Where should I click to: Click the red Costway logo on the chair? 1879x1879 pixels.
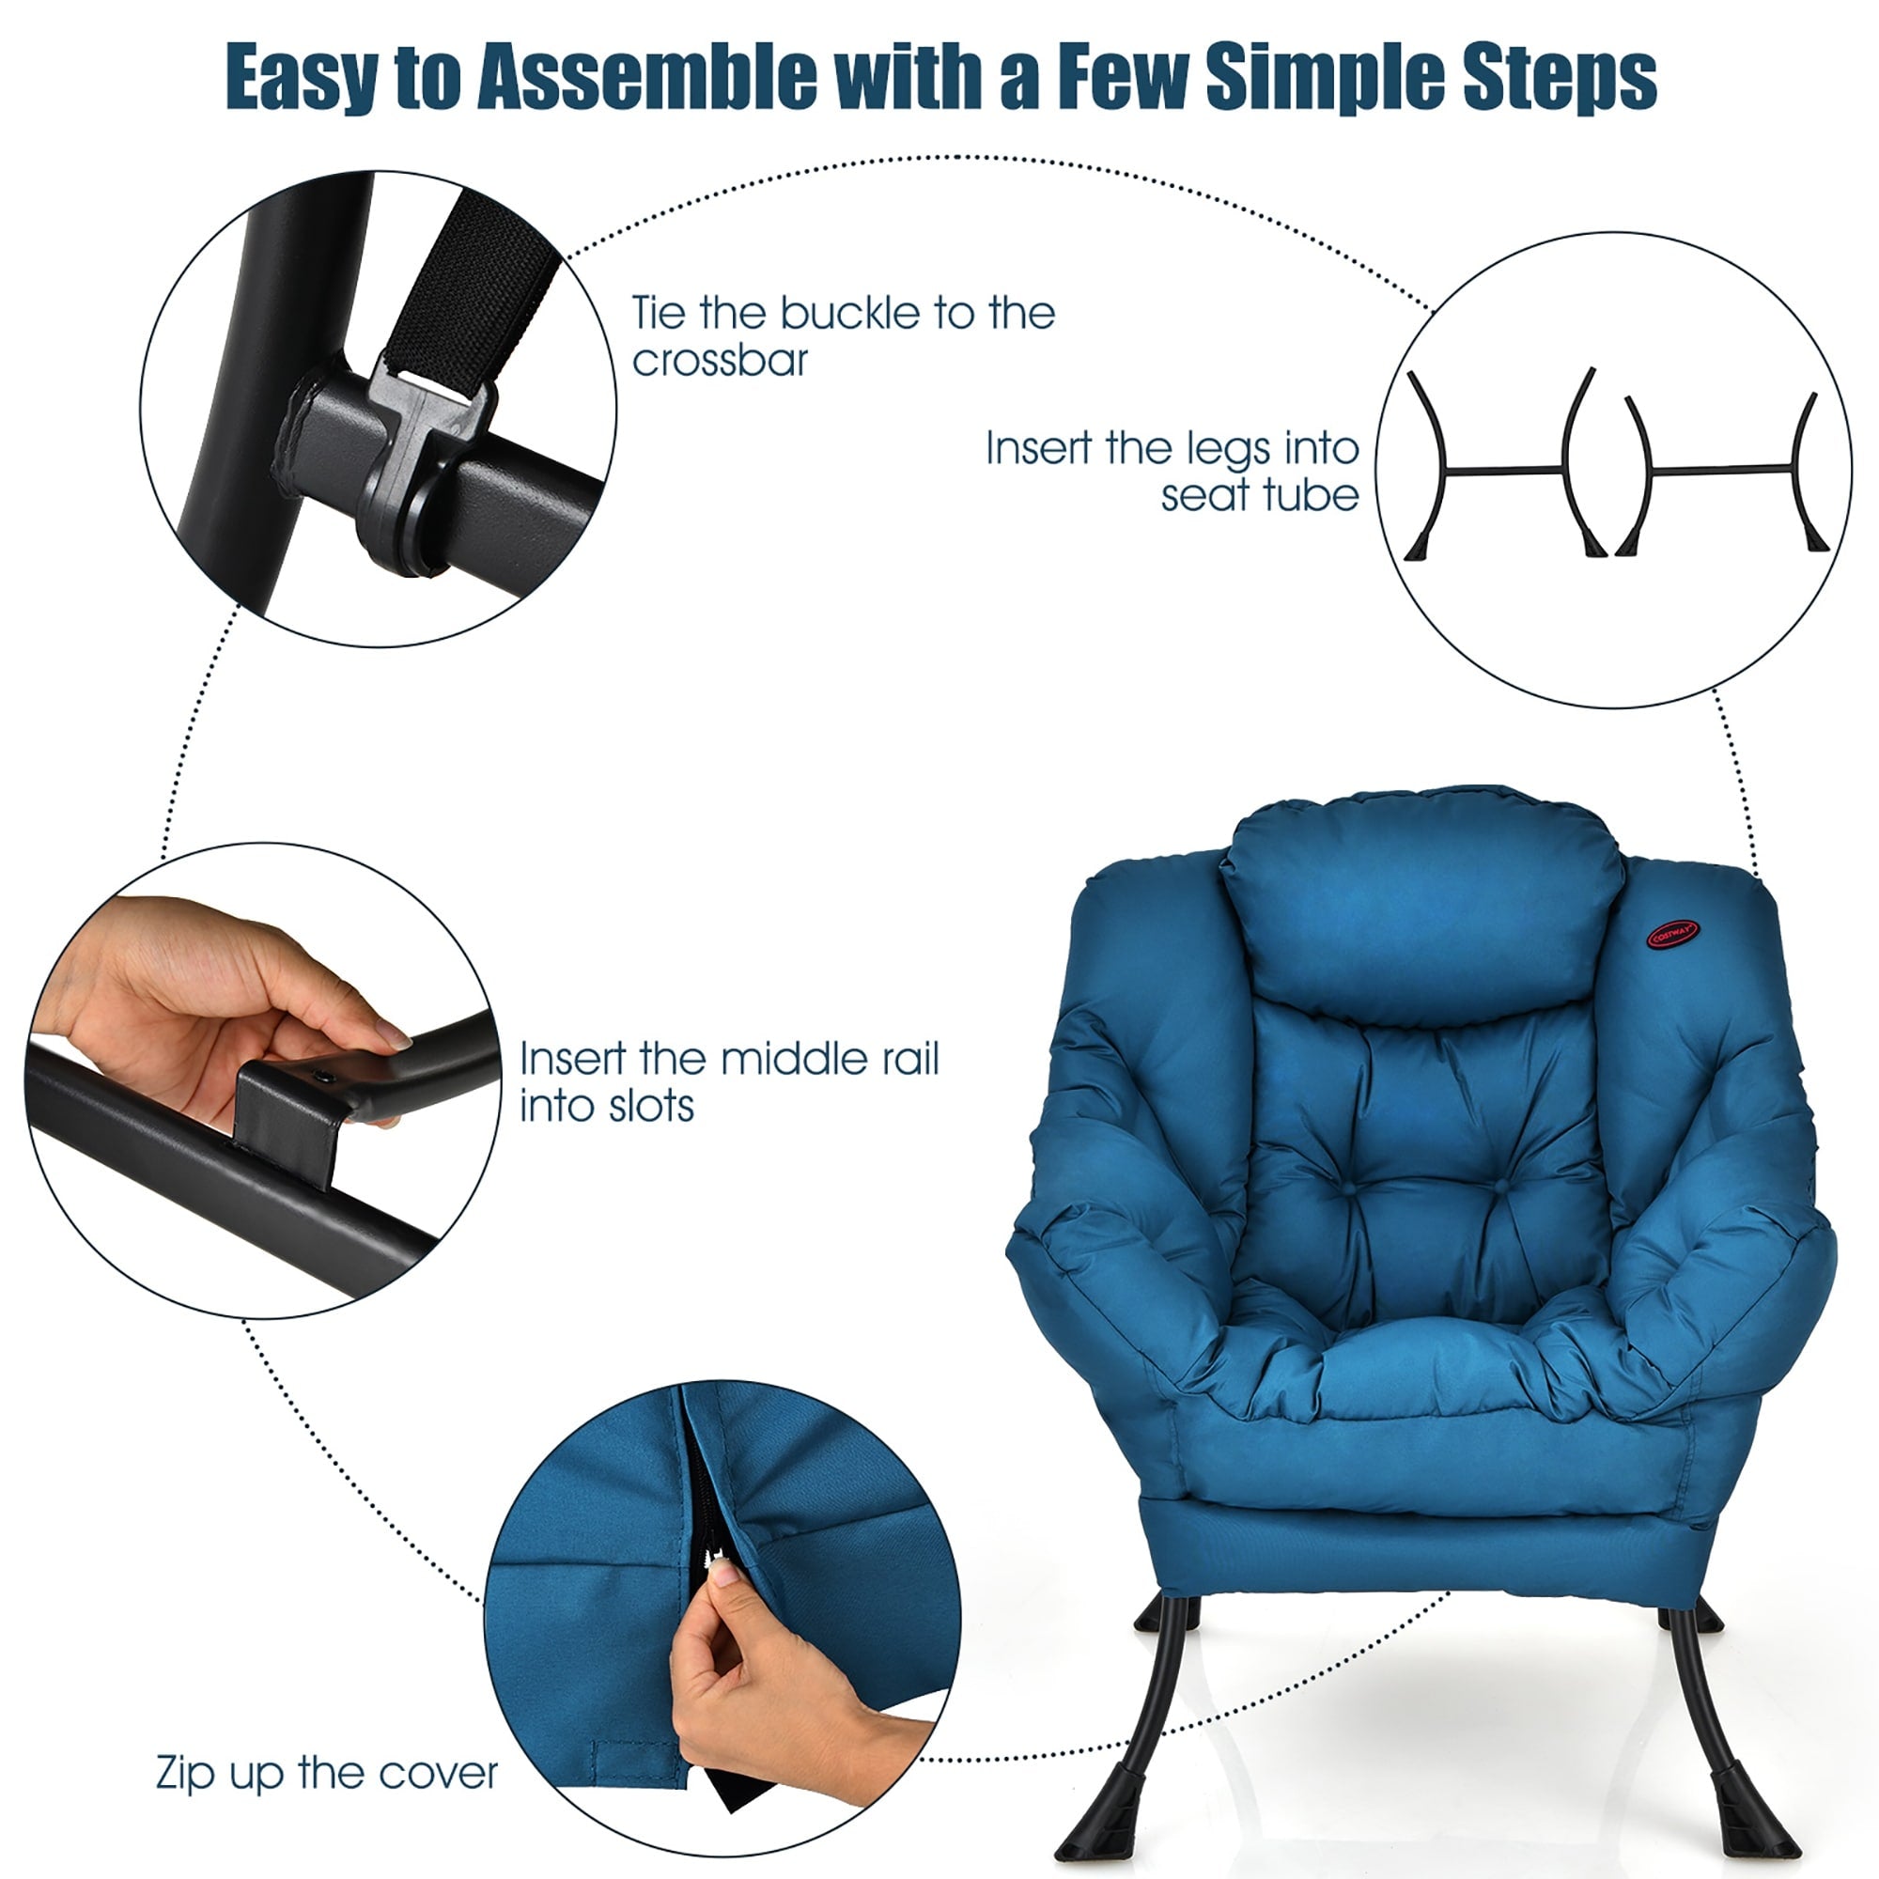(x=1675, y=935)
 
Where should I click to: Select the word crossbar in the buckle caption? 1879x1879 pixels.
(x=720, y=361)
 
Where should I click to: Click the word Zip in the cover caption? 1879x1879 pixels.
(x=186, y=1773)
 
